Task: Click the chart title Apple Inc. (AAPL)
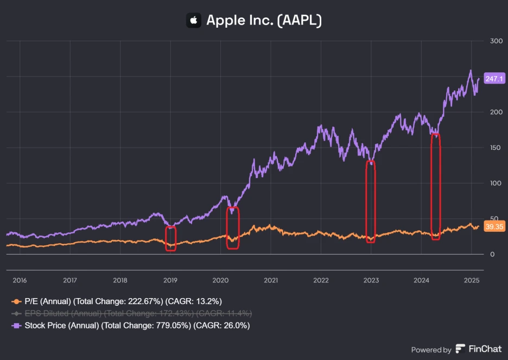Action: coord(264,21)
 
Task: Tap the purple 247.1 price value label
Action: coord(494,79)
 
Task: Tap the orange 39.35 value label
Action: coord(494,228)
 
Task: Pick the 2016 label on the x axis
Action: coord(20,281)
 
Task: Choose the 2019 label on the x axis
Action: coord(170,281)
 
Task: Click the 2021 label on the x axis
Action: coord(271,281)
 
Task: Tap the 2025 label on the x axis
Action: coord(472,281)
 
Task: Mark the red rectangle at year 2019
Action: coord(171,238)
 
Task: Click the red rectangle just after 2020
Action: coord(232,228)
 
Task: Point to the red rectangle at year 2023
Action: coord(371,201)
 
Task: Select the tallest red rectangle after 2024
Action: coord(435,186)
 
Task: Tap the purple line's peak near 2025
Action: coord(471,71)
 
